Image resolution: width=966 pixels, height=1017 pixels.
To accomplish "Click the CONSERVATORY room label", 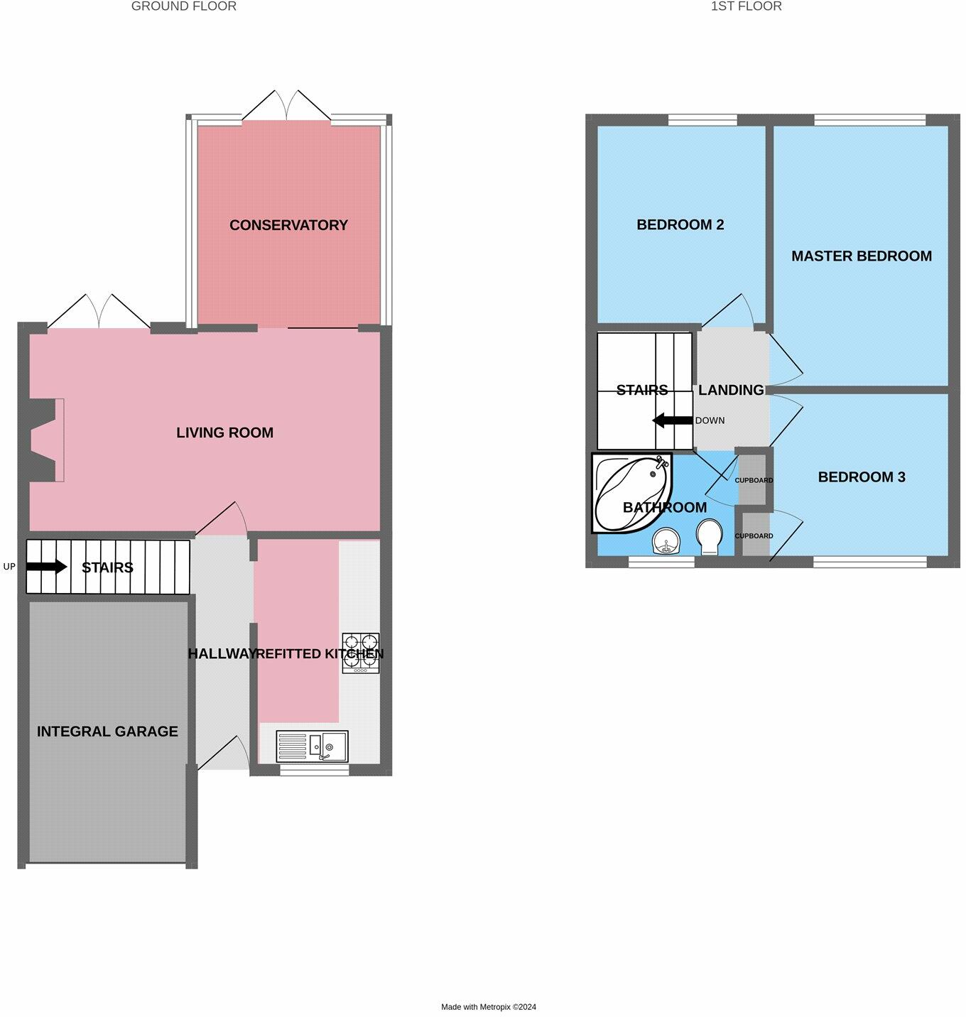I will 288,225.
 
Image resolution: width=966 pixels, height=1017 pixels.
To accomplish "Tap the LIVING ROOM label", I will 224,433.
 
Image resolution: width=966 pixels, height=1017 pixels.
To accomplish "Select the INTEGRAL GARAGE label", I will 107,732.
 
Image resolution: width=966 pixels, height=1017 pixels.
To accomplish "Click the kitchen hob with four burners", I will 361,653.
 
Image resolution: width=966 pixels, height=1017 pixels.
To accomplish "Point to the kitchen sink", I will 313,746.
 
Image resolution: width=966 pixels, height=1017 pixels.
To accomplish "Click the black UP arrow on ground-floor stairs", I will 47,567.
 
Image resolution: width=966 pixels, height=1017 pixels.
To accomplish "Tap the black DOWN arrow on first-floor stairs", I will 672,420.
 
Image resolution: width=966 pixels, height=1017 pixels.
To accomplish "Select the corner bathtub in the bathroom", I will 628,492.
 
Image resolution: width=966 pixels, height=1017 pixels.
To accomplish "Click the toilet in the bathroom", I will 709,538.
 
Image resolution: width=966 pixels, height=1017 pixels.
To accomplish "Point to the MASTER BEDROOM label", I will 862,256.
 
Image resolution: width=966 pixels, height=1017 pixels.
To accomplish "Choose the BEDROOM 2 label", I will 680,225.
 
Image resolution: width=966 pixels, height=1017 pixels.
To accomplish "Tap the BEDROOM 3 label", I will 862,477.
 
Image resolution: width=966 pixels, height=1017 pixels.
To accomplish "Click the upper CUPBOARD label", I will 754,481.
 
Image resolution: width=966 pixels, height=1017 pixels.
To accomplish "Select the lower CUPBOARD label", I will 754,536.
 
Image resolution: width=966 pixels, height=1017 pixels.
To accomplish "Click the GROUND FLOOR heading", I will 184,6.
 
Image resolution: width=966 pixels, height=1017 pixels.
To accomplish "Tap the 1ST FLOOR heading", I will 746,6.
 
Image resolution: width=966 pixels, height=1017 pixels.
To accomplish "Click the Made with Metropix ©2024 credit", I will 489,1006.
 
